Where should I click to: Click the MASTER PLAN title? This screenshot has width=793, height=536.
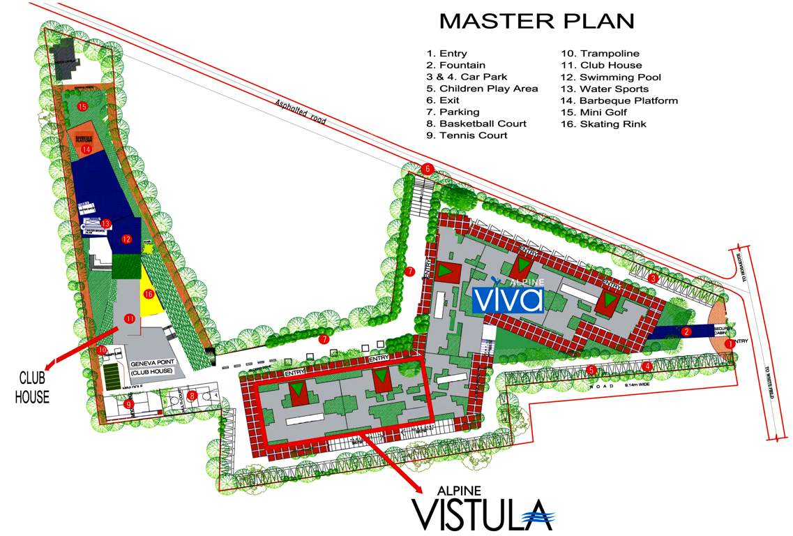point(536,20)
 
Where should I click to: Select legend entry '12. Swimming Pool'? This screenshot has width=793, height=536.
point(610,77)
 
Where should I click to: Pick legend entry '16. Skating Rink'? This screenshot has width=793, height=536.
point(603,124)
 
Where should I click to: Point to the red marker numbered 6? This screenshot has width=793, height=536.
point(428,169)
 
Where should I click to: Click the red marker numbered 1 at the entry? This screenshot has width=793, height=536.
point(730,343)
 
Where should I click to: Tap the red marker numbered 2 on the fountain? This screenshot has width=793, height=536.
point(686,332)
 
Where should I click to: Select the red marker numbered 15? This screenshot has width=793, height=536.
point(82,107)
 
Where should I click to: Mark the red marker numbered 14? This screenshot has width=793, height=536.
point(86,149)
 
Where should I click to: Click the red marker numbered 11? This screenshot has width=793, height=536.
point(130,318)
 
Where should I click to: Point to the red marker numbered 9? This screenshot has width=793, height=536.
point(128,403)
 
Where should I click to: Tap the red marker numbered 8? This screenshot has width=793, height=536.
point(193,395)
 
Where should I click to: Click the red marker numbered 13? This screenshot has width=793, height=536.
point(106,223)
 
